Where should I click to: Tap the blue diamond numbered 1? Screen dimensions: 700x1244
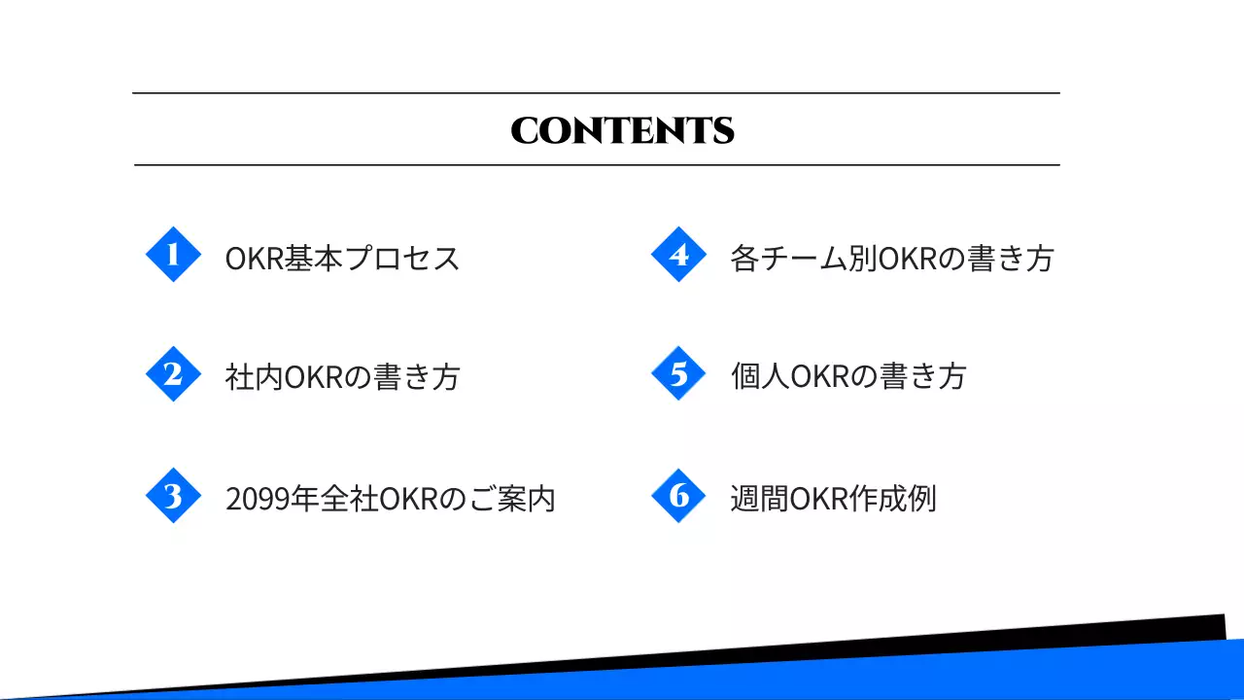click(173, 255)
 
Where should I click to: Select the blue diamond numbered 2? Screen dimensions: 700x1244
click(173, 374)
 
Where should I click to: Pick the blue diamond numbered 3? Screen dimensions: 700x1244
click(173, 496)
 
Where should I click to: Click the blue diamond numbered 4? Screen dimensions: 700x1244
click(678, 255)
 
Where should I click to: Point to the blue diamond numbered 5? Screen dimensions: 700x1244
click(678, 374)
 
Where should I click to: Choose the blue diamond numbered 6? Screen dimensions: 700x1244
click(678, 496)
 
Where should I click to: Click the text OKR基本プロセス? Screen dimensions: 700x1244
click(342, 259)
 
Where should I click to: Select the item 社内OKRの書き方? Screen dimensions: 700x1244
click(342, 377)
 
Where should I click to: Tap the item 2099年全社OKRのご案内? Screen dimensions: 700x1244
click(390, 499)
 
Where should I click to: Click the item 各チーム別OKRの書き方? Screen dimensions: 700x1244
click(892, 259)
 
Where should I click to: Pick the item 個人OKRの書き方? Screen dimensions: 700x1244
click(848, 377)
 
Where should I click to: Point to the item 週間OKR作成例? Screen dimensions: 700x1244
click(833, 499)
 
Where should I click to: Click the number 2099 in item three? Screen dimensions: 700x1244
click(254, 500)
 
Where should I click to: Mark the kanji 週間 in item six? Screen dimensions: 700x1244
click(759, 499)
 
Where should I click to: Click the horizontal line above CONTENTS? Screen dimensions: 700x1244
click(596, 93)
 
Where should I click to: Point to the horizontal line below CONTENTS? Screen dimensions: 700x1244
click(596, 165)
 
